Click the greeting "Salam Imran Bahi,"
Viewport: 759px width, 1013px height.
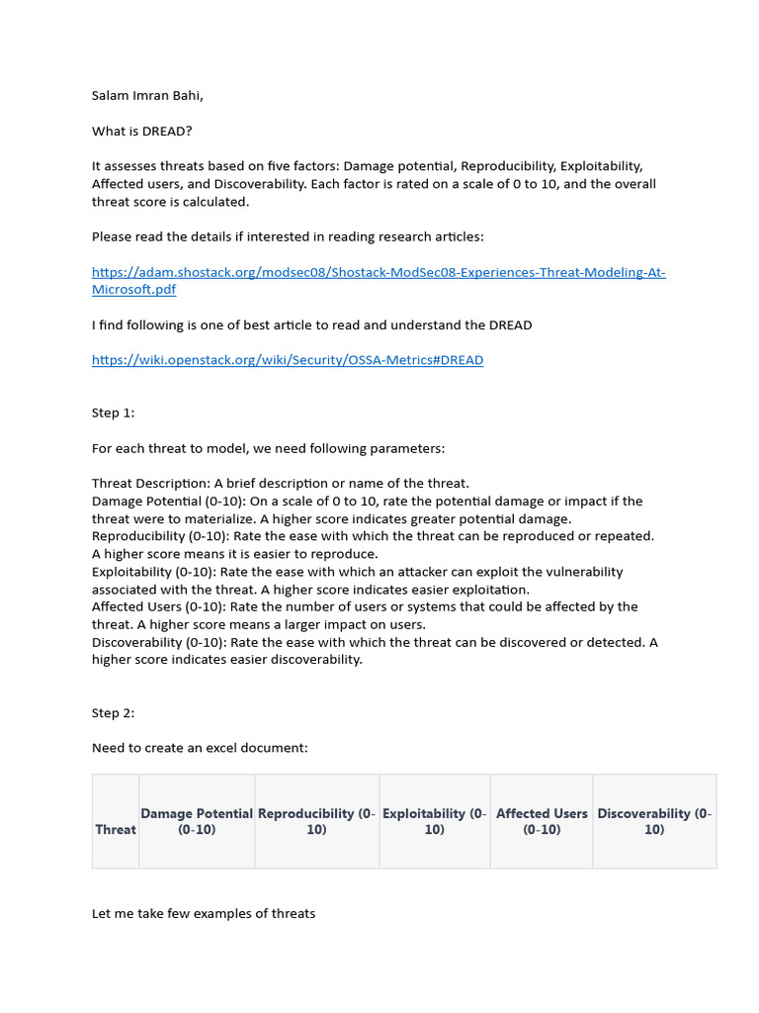pyautogui.click(x=147, y=96)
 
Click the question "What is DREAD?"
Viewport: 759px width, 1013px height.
pyautogui.click(x=141, y=132)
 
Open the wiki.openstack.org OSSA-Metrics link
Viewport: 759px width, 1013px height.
pyautogui.click(x=288, y=360)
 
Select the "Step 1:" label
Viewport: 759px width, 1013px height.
pyautogui.click(x=113, y=413)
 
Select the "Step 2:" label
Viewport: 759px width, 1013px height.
pyautogui.click(x=113, y=712)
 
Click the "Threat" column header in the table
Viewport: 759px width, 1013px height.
pyautogui.click(x=116, y=829)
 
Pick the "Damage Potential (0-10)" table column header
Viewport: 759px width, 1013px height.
pyautogui.click(x=197, y=821)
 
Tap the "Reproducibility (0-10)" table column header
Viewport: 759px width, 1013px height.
pyautogui.click(x=316, y=821)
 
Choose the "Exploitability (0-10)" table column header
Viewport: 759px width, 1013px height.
pyautogui.click(x=434, y=821)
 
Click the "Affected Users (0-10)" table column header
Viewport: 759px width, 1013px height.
pyautogui.click(x=542, y=821)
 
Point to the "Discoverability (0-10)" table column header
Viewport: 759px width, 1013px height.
pyautogui.click(x=654, y=821)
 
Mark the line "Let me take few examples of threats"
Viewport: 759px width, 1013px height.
pyautogui.click(x=204, y=913)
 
